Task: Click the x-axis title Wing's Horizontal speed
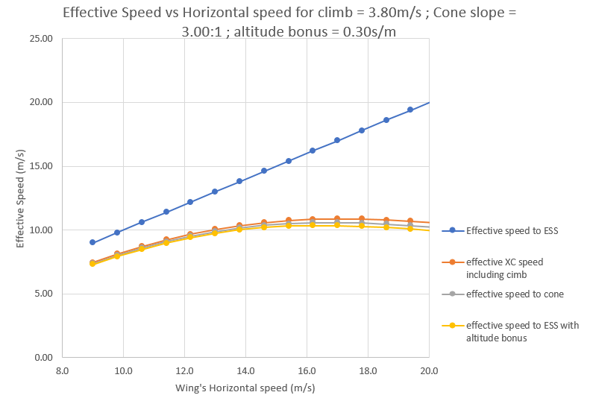[245, 388]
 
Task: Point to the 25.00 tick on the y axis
[42, 39]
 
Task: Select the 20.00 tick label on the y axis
[42, 102]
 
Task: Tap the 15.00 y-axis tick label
[42, 166]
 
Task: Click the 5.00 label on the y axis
[44, 294]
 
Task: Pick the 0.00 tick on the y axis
[44, 357]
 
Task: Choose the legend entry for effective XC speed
[504, 268]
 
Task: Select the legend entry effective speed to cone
[515, 294]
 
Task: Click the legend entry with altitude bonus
[521, 331]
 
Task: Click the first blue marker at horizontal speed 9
[92, 242]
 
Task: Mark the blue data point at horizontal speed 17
[337, 140]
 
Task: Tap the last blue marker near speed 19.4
[410, 110]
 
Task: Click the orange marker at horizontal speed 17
[337, 219]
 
